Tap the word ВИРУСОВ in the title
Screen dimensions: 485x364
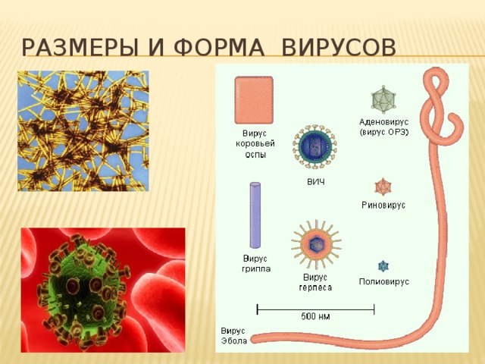(339, 47)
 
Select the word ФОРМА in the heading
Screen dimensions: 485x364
(219, 47)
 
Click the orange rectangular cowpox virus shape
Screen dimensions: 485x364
(254, 100)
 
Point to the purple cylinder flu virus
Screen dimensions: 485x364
(255, 215)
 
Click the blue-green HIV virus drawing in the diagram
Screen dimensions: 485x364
(315, 146)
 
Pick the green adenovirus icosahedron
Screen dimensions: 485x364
(383, 99)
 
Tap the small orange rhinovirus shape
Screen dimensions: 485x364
(383, 187)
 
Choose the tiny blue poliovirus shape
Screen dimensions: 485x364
(383, 266)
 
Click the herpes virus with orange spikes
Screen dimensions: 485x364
(316, 244)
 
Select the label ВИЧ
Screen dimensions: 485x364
(316, 182)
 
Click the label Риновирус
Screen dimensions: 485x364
(383, 205)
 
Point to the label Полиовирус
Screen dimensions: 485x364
(384, 281)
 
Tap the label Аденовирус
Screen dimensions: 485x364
(384, 121)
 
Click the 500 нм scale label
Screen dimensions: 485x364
(315, 316)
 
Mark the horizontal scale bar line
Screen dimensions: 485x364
(315, 309)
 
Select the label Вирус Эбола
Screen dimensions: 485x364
(234, 336)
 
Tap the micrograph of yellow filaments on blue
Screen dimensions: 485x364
(83, 131)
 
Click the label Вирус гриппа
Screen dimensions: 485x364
(256, 263)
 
